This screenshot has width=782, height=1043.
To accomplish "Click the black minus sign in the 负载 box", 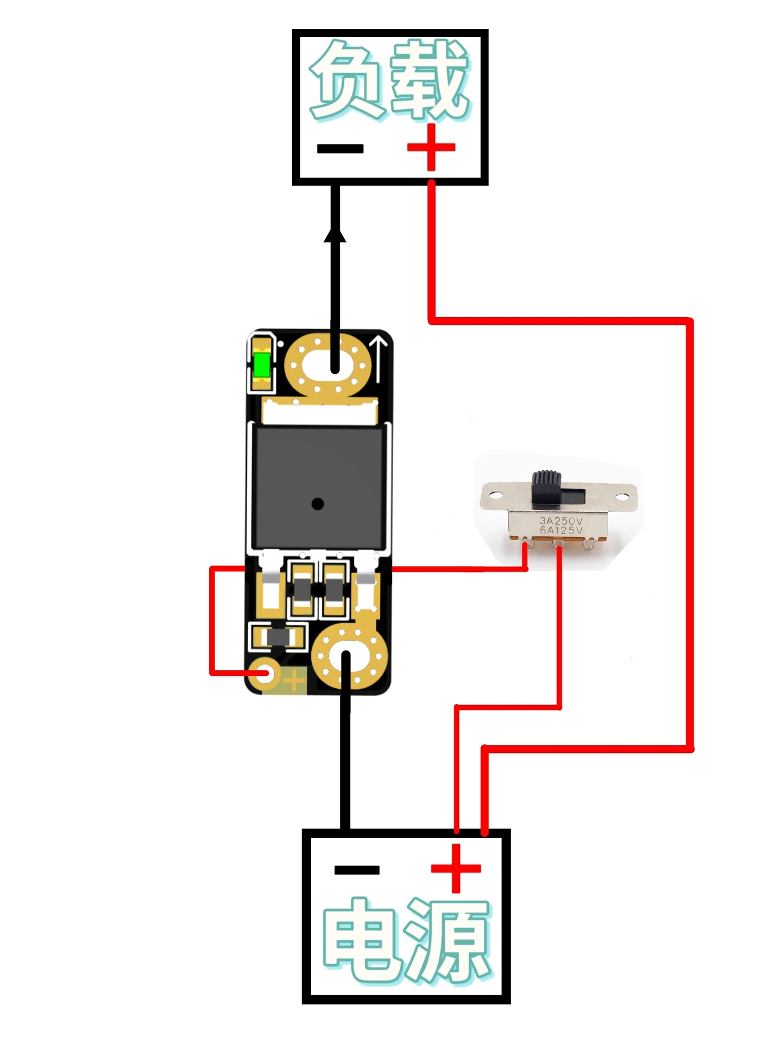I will [x=340, y=148].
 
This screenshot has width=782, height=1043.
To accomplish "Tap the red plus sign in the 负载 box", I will [x=431, y=147].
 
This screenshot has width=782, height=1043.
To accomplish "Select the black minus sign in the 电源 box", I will [x=357, y=870].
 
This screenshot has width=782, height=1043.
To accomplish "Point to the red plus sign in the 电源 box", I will [x=456, y=868].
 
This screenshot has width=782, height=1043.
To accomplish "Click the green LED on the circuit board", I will [x=262, y=365].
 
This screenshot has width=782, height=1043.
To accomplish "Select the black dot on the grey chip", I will [x=318, y=504].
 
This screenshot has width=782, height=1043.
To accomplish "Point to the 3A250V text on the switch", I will [x=560, y=520].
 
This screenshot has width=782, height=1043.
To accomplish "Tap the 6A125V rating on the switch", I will [x=560, y=530].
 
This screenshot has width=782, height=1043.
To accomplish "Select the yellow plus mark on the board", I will [x=294, y=680].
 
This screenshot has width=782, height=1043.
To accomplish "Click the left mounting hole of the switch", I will [x=495, y=495].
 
